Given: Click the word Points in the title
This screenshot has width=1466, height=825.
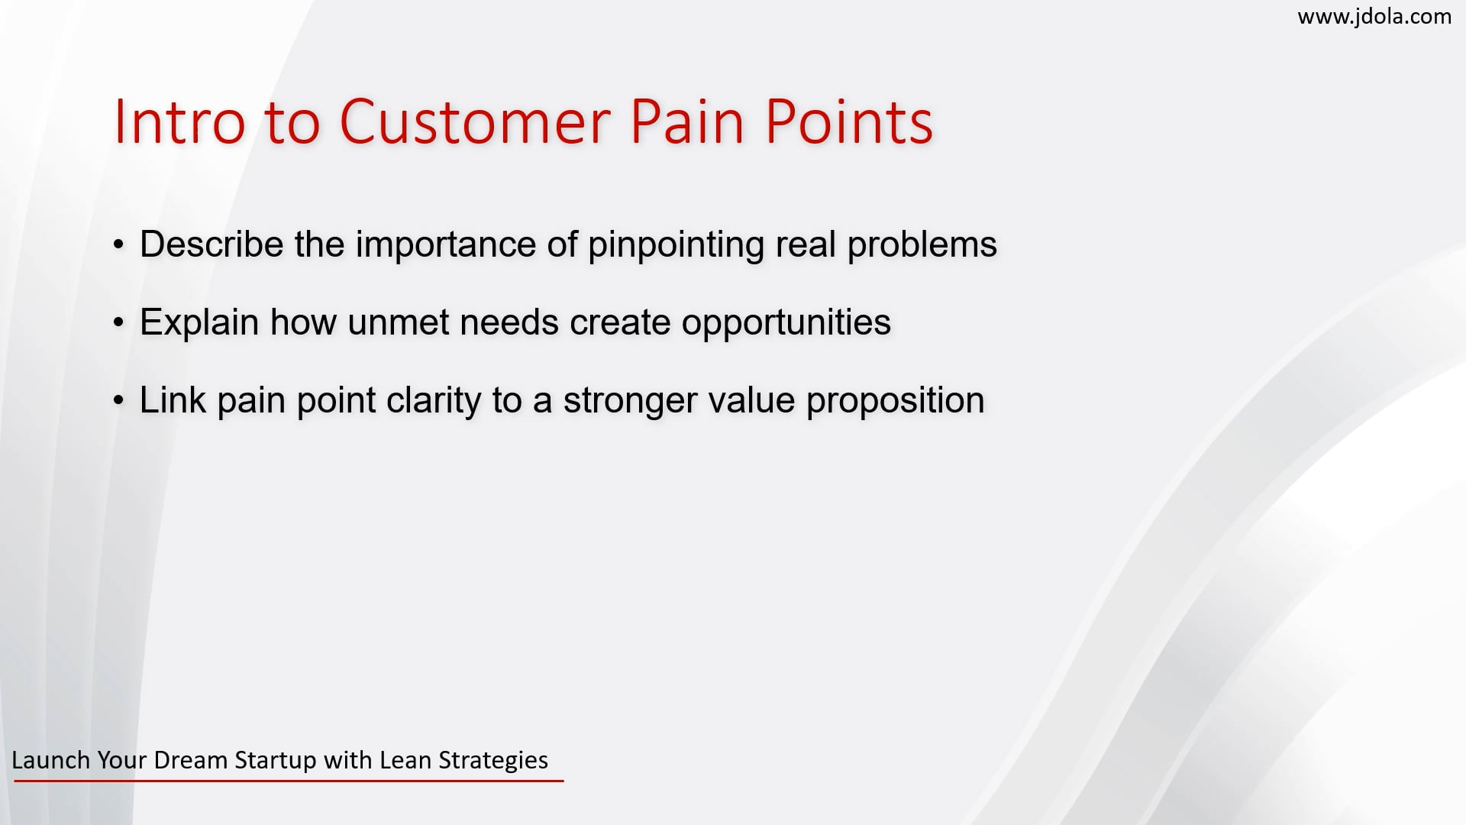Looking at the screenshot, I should click(848, 121).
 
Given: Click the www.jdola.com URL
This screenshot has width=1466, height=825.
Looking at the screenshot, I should click(1374, 16).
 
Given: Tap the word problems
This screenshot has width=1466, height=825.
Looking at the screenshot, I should click(922, 244).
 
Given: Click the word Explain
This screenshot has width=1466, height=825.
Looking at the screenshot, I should click(199, 322).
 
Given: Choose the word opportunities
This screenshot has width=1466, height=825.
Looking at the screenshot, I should click(786, 322).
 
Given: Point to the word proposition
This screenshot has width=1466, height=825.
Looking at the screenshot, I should click(895, 400).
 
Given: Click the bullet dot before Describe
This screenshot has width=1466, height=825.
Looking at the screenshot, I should click(118, 245).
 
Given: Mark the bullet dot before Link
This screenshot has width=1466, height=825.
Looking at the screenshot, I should click(118, 400).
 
